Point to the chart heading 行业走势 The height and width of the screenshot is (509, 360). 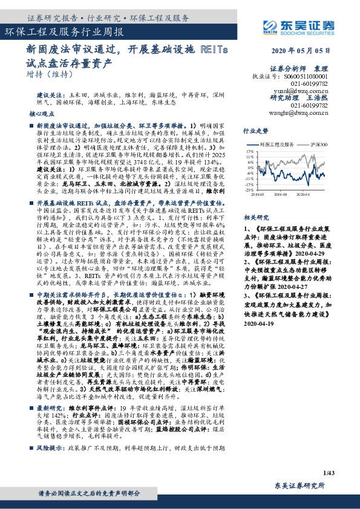(x=255, y=130)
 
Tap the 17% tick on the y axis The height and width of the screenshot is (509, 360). (x=249, y=151)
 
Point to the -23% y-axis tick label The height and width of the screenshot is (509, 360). (x=249, y=190)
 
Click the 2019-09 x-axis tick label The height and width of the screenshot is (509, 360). (x=280, y=195)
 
